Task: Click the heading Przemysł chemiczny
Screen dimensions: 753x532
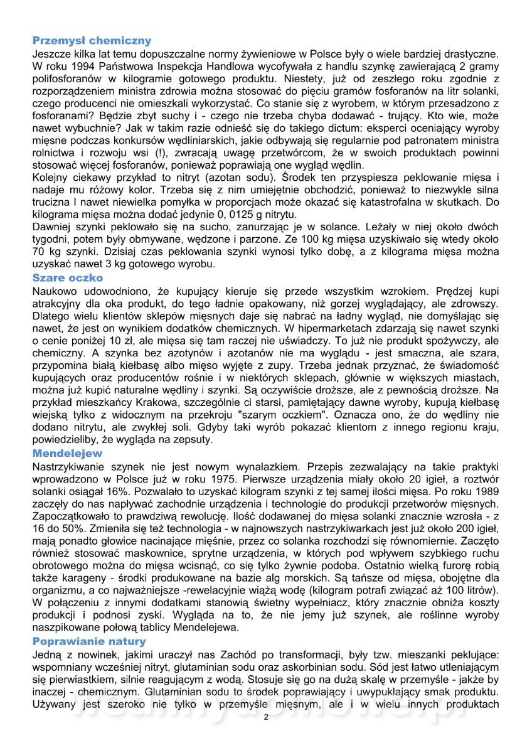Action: click(92, 41)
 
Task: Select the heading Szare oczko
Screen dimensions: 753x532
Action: click(68, 277)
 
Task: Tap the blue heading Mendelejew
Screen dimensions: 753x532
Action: click(67, 453)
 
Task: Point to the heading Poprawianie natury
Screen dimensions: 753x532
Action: click(89, 641)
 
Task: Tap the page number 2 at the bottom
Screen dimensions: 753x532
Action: click(266, 717)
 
